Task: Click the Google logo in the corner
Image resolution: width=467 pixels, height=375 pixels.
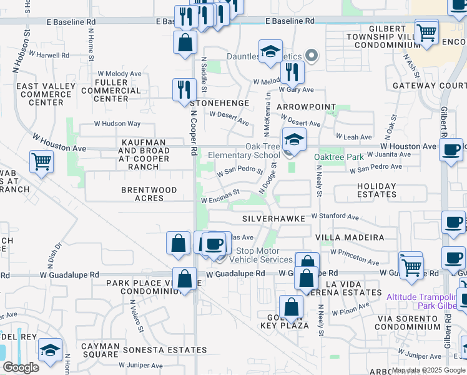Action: (20, 367)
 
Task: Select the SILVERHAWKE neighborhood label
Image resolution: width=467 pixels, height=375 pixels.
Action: (274, 219)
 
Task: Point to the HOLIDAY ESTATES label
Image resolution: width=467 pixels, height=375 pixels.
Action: (376, 190)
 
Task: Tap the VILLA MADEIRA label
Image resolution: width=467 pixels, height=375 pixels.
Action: (349, 237)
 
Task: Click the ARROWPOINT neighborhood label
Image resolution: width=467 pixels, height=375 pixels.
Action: (307, 107)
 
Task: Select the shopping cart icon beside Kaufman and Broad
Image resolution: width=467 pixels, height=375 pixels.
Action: (41, 162)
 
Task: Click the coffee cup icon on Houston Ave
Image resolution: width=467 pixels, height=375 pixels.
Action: (451, 150)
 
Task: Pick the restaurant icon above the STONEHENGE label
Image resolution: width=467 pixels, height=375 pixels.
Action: (184, 89)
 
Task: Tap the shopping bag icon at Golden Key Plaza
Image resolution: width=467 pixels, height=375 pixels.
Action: (291, 307)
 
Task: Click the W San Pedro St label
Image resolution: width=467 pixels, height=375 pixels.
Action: (240, 170)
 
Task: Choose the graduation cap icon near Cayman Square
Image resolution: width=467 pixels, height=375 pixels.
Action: (50, 350)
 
